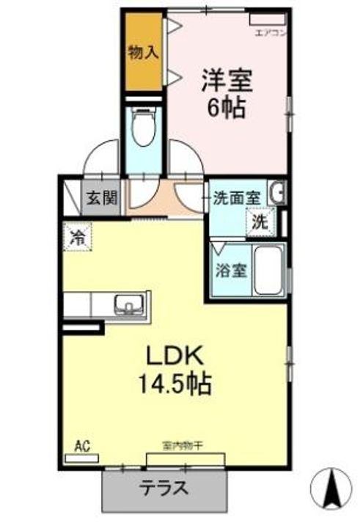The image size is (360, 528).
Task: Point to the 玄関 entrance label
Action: pyautogui.click(x=101, y=199)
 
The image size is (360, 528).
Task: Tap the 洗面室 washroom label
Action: pyautogui.click(x=237, y=198)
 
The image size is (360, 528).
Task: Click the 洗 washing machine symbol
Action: pyautogui.click(x=262, y=221)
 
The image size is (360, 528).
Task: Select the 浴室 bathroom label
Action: pyautogui.click(x=230, y=270)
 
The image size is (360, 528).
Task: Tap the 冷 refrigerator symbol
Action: pyautogui.click(x=77, y=236)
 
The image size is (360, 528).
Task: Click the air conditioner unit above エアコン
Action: pyautogui.click(x=266, y=18)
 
